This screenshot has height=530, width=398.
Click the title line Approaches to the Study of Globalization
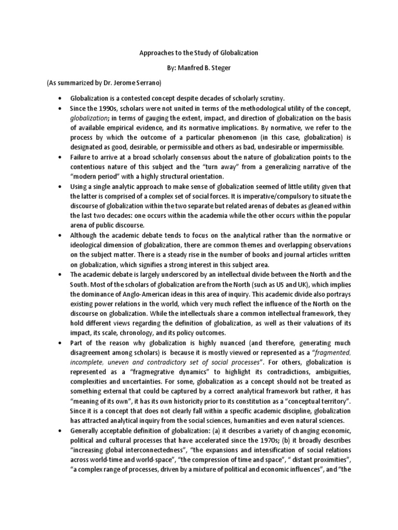(199, 53)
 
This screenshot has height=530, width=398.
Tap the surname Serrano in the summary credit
(146, 82)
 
